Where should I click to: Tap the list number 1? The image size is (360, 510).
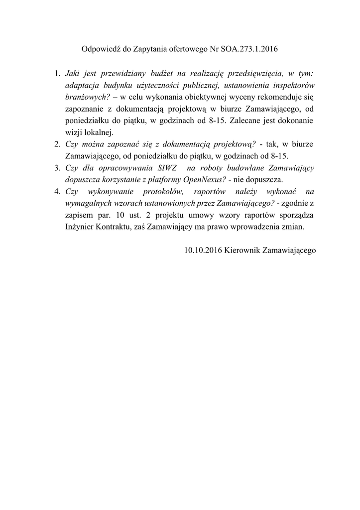pyautogui.click(x=57, y=74)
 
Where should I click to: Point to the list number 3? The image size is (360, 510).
pyautogui.click(x=57, y=168)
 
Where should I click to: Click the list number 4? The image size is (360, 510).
pyautogui.click(x=57, y=191)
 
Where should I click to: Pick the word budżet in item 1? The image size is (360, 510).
pyautogui.click(x=174, y=74)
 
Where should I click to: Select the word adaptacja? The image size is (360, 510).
pyautogui.click(x=81, y=85)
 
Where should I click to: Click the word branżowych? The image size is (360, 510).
pyautogui.click(x=87, y=97)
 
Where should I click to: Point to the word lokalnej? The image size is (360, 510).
pyautogui.click(x=101, y=132)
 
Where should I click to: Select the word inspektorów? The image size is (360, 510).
pyautogui.click(x=293, y=85)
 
